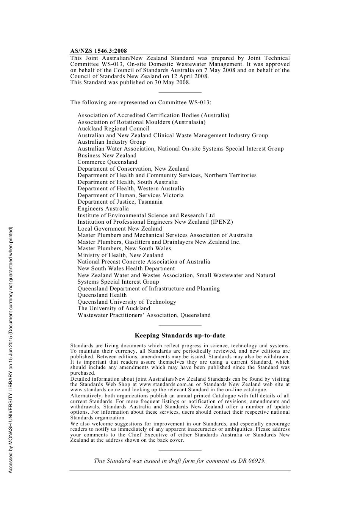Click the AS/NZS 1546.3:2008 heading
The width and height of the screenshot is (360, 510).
(99, 51)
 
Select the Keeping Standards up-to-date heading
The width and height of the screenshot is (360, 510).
(180, 336)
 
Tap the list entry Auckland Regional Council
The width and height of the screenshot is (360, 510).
(113, 129)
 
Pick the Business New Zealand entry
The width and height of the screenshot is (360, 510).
(107, 155)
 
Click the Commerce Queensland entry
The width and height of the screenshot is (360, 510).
(107, 162)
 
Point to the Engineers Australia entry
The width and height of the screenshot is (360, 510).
(103, 209)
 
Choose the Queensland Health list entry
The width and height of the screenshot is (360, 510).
(102, 295)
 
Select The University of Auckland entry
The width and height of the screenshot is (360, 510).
(114, 308)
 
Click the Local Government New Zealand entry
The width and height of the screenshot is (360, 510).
(120, 229)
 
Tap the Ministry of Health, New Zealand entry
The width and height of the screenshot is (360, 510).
(121, 255)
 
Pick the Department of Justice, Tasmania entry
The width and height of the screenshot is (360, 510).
(120, 202)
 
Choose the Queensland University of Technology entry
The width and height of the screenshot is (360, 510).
(127, 302)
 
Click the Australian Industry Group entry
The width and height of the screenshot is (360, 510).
(111, 142)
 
